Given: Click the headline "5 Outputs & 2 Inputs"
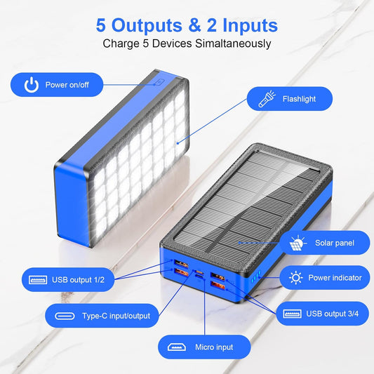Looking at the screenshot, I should tap(187, 25).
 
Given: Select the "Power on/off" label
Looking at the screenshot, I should tap(67, 85).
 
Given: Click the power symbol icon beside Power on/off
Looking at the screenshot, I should tap(30, 85).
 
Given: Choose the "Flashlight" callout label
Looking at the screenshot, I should tap(299, 99).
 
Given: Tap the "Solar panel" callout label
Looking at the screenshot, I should tap(334, 243).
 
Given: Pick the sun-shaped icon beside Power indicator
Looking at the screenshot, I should tap(296, 278).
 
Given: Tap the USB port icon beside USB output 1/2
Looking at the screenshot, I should tap(38, 280).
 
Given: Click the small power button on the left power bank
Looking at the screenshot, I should tap(161, 81).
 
